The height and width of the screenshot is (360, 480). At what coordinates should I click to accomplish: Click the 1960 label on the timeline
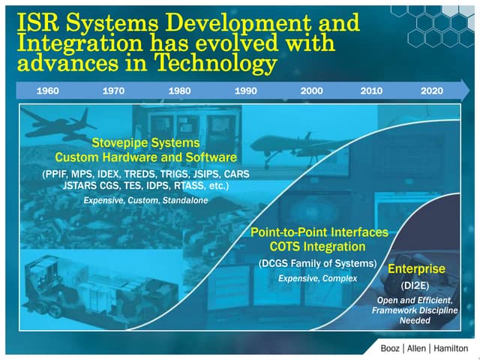pos(47,91)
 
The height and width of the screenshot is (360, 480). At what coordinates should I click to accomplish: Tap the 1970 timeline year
pos(114,91)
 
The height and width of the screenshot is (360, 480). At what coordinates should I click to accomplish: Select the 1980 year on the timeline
pos(180,91)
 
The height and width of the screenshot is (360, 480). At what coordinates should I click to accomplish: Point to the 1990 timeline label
pos(246,91)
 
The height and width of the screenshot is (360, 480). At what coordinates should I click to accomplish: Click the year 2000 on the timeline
pos(311,91)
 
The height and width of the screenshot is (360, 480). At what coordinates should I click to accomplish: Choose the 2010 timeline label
pos(371,91)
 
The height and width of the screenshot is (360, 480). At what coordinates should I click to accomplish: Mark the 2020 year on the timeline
pos(431,91)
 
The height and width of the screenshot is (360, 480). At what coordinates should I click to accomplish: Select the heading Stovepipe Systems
pos(145,142)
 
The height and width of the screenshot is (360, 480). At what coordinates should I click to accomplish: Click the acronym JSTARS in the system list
pos(82,185)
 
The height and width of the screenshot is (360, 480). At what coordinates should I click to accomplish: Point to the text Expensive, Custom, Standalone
pos(145,201)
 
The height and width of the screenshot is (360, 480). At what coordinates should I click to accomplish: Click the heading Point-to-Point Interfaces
pos(319,232)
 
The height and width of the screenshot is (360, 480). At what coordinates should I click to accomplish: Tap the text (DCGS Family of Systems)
pos(316,263)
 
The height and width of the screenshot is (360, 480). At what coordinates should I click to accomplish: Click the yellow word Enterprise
pos(416,268)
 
